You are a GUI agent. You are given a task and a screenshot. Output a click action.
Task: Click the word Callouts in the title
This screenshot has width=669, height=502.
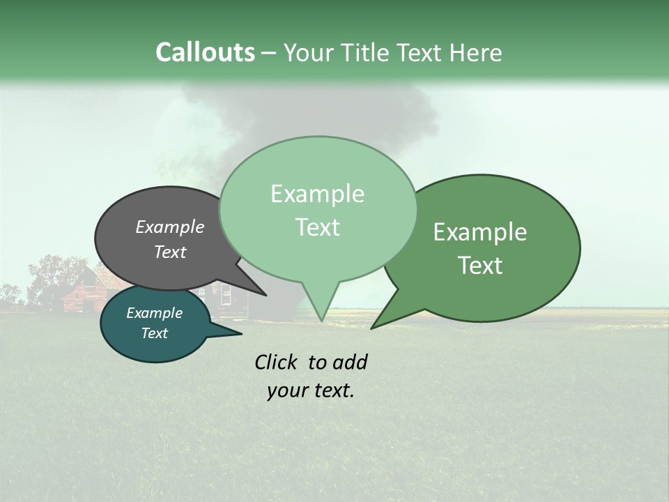(x=205, y=52)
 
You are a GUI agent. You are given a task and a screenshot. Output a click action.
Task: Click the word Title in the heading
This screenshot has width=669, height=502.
(x=367, y=53)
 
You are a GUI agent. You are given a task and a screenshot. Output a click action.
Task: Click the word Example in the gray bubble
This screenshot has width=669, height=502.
(x=170, y=227)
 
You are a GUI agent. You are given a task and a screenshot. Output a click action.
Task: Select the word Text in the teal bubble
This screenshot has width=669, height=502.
(x=155, y=333)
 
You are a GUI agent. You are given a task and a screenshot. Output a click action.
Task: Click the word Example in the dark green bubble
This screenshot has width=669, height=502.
(x=480, y=232)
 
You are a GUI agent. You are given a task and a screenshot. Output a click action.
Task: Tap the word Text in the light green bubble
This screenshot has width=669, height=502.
(x=318, y=227)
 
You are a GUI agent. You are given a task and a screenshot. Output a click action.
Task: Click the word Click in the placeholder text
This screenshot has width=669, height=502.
(x=277, y=362)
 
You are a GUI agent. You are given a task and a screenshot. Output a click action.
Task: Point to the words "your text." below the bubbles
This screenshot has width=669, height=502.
(x=311, y=390)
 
